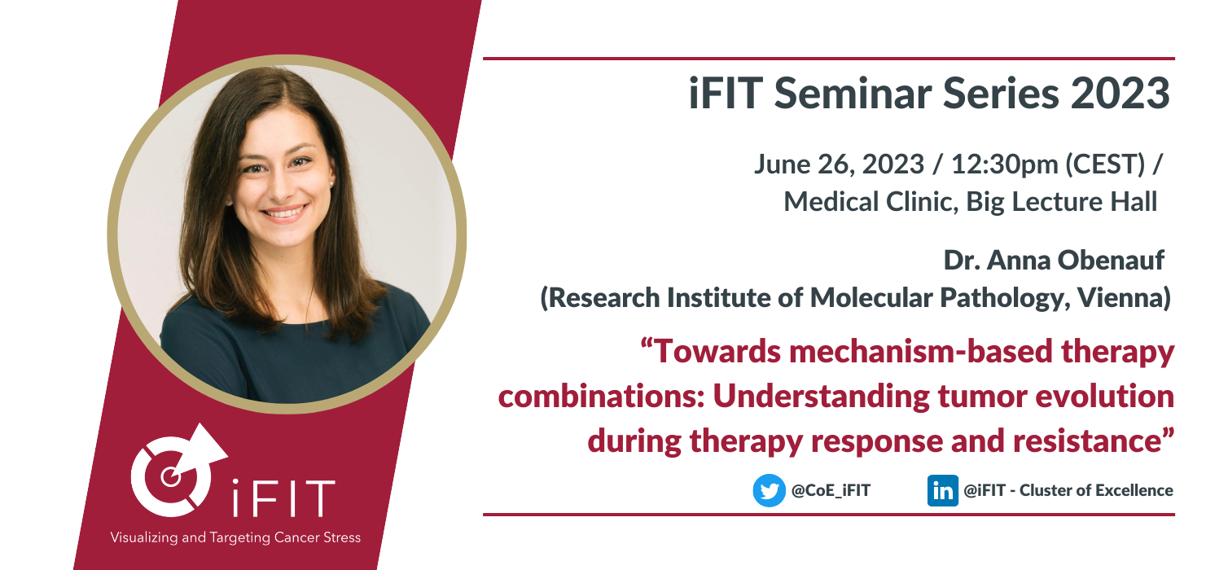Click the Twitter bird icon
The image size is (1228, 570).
[769, 490]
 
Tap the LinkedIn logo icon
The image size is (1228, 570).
[942, 490]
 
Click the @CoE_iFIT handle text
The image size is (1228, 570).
[831, 490]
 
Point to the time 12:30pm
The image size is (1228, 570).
[1004, 164]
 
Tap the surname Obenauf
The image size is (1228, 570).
[1111, 261]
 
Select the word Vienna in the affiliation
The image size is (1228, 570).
[1123, 298]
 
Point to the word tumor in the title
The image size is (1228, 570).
[982, 397]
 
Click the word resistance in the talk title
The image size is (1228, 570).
[1087, 441]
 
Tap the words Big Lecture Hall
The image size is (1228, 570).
[1061, 202]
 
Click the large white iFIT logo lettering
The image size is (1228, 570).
[283, 498]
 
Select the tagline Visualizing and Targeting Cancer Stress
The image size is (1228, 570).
[235, 537]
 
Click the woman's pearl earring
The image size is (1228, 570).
[331, 185]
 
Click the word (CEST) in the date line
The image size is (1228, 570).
[1105, 164]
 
